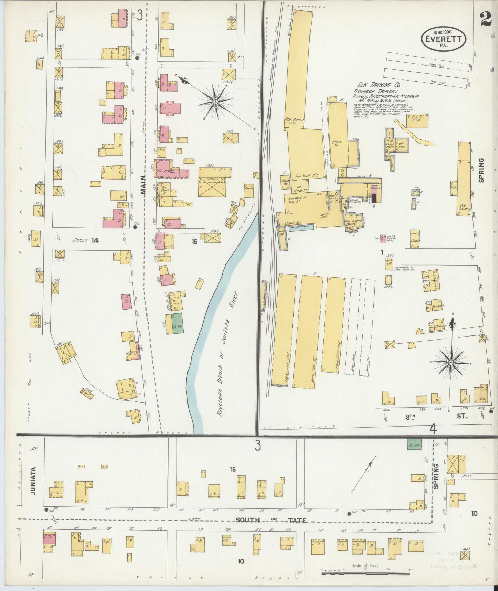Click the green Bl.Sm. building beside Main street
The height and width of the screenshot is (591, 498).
[178, 323]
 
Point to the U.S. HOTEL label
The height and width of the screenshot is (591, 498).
[166, 171]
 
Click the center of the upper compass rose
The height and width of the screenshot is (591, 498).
[215, 102]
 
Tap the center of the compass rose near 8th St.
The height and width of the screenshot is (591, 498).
[451, 363]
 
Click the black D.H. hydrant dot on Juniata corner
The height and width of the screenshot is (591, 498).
[46, 510]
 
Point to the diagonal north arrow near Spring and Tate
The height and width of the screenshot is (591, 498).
[364, 474]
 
